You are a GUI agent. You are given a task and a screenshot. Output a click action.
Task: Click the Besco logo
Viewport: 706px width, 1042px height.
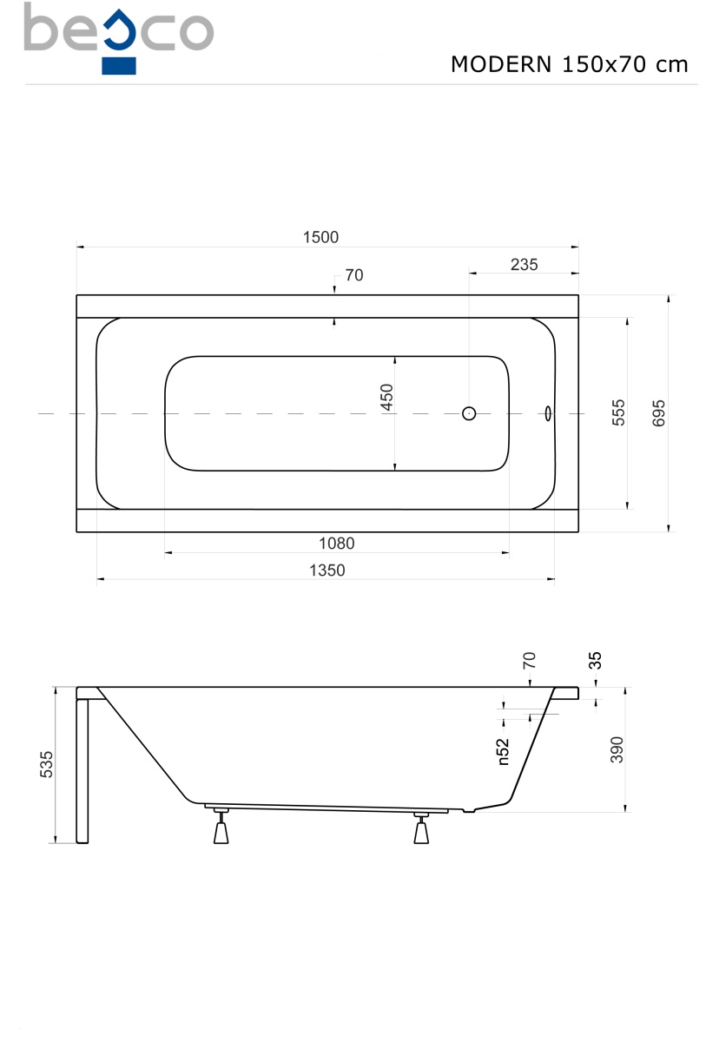click(x=119, y=38)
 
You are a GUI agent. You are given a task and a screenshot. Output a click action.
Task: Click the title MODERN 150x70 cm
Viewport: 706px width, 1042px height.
click(x=570, y=64)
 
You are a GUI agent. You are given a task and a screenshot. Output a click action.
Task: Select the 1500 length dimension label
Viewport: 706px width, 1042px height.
click(x=320, y=237)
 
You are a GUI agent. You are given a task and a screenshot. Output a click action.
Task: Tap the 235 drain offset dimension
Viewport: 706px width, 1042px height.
click(x=524, y=265)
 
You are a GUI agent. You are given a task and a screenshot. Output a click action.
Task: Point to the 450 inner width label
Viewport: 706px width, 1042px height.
click(x=386, y=398)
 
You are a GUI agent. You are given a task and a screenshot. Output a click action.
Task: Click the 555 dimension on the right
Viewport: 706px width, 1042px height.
click(x=617, y=412)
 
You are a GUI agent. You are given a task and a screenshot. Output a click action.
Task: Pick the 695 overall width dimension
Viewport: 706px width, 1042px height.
click(x=658, y=413)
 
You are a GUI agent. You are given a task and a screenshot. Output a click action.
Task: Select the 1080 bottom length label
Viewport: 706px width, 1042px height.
click(x=336, y=543)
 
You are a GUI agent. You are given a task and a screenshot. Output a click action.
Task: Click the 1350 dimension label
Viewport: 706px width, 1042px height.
click(x=327, y=570)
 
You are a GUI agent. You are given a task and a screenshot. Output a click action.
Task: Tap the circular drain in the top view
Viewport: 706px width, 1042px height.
click(x=469, y=413)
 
